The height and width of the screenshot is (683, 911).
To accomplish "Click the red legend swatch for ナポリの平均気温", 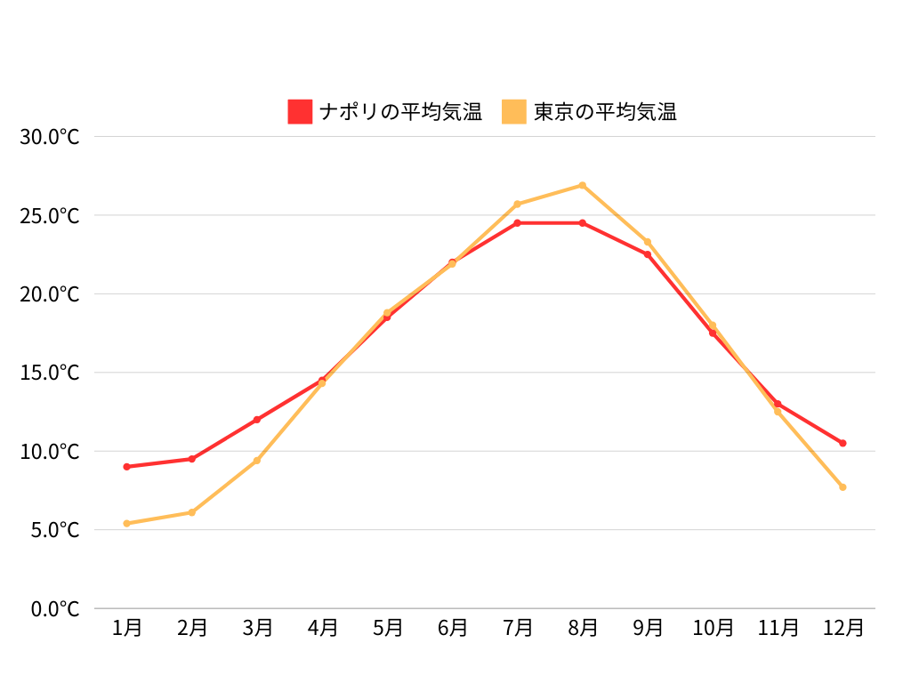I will coord(300,112).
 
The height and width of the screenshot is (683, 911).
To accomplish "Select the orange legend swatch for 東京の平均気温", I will coord(514,112).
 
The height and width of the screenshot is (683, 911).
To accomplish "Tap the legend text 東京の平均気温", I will coord(605,112).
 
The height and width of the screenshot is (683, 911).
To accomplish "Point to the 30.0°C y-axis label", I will coord(50,137).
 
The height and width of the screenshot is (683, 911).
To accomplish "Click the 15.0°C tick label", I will coord(50,373).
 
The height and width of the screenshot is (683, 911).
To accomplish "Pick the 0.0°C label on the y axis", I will coord(55,609).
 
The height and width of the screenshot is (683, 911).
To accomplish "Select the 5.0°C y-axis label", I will coord(55,530).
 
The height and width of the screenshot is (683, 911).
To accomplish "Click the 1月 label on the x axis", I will coord(127,628).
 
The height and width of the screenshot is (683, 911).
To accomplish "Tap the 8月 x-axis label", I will coord(583,628).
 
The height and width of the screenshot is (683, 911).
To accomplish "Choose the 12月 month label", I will coord(842,628).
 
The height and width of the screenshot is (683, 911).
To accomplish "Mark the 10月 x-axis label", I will coord(713,628).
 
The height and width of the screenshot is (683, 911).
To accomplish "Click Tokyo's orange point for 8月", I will coord(583,185).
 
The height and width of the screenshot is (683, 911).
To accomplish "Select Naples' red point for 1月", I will coord(127,467).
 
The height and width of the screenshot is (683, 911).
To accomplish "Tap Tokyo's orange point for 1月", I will coord(127,524).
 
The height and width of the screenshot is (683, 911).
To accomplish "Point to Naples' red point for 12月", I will coord(842,443).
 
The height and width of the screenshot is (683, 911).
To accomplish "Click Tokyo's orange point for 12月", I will coord(842,487).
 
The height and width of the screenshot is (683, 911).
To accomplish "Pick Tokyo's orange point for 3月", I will coord(257,461).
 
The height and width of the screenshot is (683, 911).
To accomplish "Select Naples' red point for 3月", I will coord(257,420).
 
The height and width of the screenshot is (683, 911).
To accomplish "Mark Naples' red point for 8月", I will coord(583,223).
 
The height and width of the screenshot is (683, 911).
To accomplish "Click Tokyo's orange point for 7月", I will coord(518,204).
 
